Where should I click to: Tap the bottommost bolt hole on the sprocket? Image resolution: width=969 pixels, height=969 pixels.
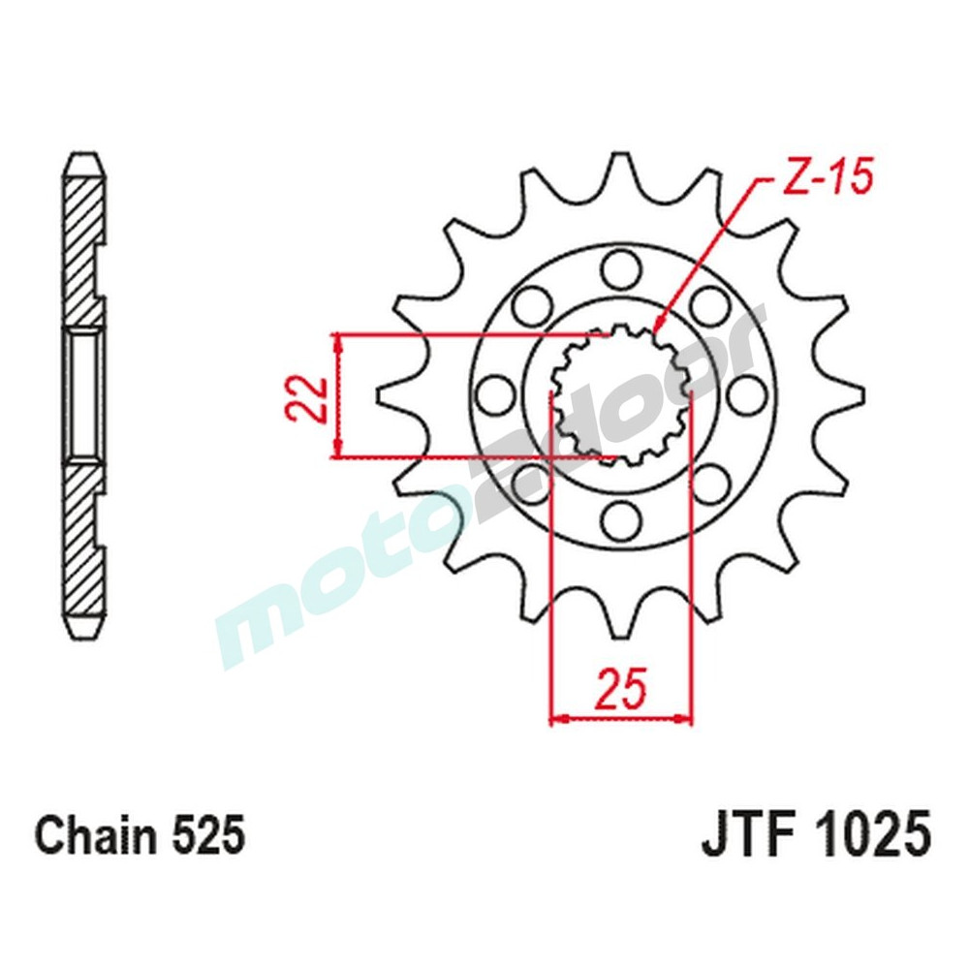[620, 521]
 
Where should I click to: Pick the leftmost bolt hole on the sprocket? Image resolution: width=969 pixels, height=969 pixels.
[492, 393]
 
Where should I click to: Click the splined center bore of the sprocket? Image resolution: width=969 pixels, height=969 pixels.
[620, 393]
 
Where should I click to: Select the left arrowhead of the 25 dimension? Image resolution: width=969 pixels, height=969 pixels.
[557, 719]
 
